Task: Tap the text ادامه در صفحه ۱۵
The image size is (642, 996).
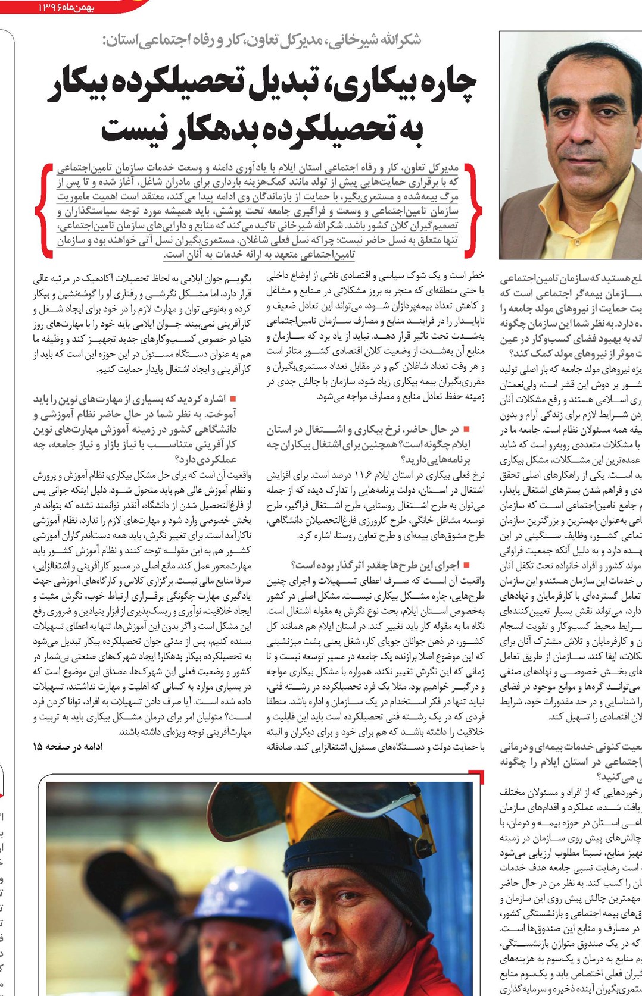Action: [x=67, y=746]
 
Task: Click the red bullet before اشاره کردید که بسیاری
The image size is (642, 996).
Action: [x=233, y=398]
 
